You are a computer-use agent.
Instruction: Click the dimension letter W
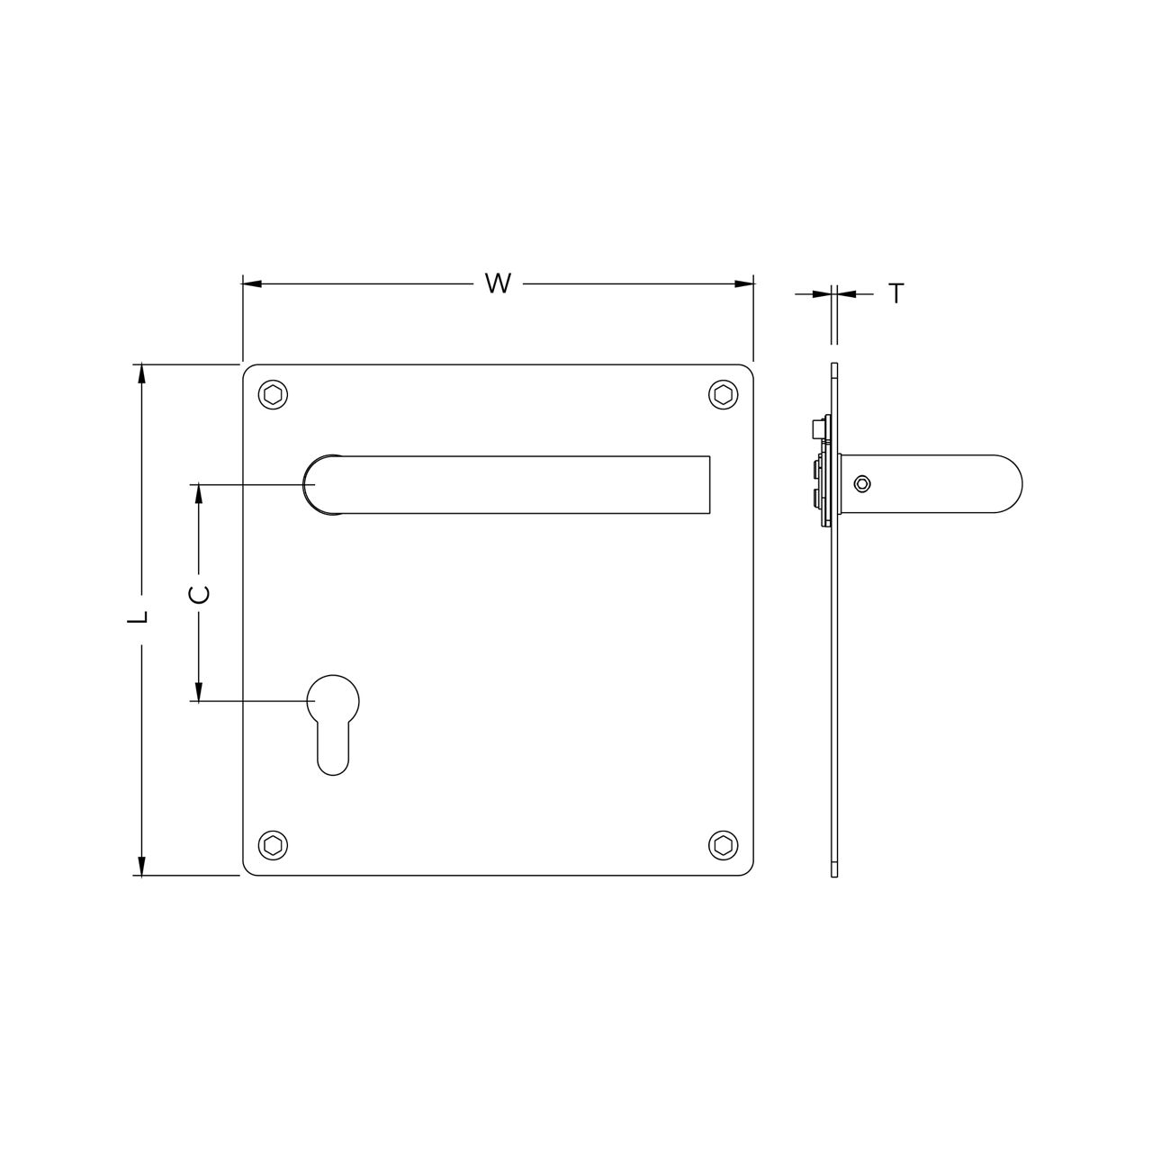click(498, 283)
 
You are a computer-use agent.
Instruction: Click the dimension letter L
click(138, 617)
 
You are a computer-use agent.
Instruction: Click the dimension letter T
click(895, 293)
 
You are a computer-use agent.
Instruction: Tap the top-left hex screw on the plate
click(273, 395)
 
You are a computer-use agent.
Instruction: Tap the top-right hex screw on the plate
click(722, 394)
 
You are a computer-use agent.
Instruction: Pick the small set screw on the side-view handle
click(863, 484)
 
